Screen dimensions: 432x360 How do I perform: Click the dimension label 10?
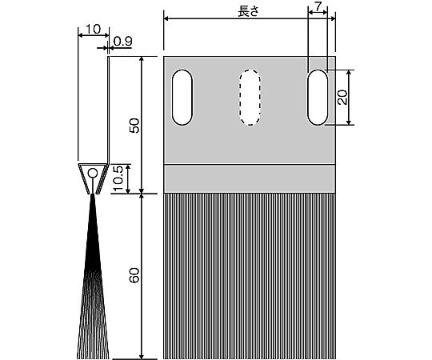(x=93, y=29)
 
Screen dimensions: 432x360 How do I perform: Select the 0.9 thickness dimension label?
(x=122, y=42)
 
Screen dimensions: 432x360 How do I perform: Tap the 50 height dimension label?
(x=134, y=126)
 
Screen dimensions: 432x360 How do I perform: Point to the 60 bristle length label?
(x=134, y=275)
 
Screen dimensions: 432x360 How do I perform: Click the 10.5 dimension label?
(x=118, y=178)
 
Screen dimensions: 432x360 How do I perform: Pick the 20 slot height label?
(x=342, y=98)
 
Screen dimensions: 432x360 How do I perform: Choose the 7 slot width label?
(x=318, y=7)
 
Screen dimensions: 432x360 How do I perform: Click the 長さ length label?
(x=248, y=11)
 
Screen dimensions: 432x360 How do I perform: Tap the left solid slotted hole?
(x=182, y=98)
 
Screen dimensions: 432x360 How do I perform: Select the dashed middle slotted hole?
(x=250, y=98)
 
